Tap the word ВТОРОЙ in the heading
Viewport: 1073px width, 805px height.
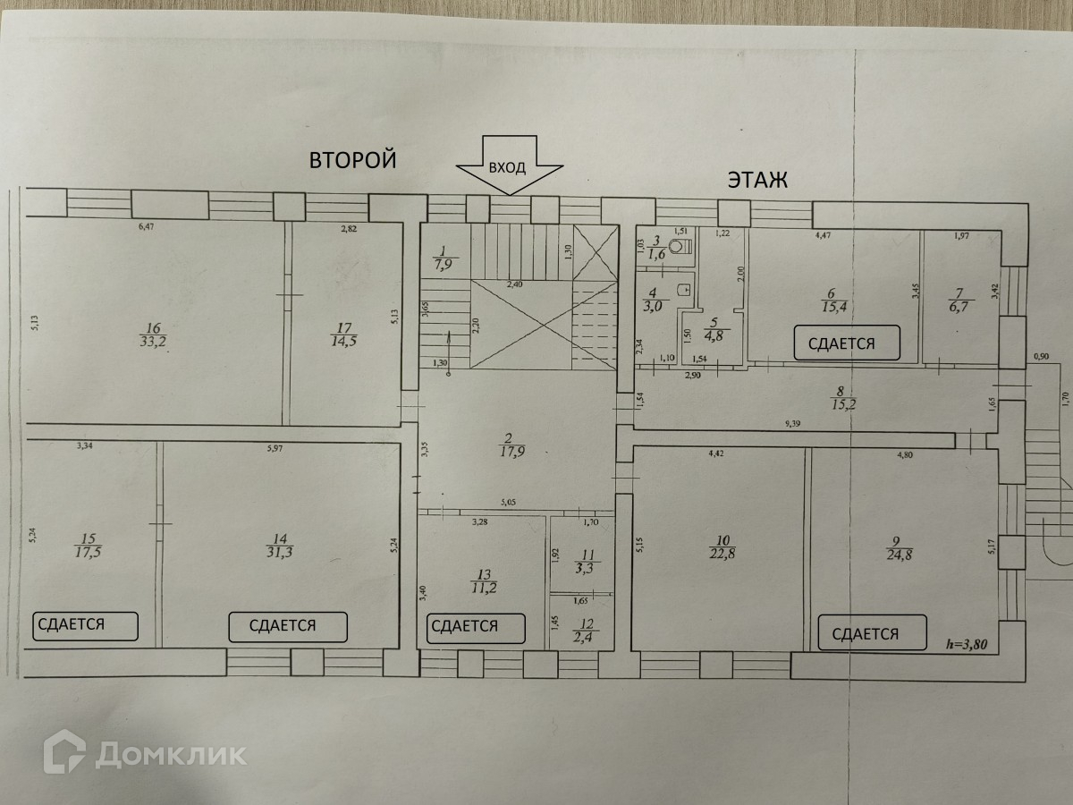pos(352,161)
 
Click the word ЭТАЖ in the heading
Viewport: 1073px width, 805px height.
pos(756,182)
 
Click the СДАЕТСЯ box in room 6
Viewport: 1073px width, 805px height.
pos(841,343)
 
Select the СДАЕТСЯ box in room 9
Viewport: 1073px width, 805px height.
pos(865,634)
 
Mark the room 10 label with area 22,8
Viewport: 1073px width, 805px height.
pos(722,546)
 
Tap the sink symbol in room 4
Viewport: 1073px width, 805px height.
pos(683,288)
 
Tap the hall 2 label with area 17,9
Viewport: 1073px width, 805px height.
pos(507,445)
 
